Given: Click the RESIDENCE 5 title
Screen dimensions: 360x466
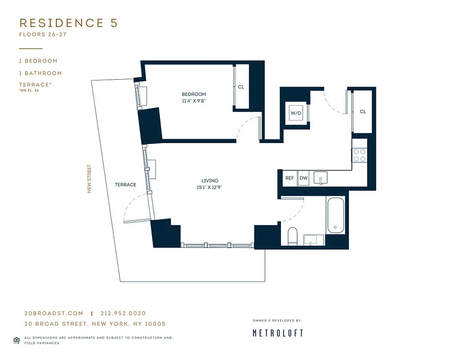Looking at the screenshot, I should [x=68, y=23].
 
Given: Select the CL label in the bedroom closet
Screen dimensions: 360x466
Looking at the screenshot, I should [x=241, y=87].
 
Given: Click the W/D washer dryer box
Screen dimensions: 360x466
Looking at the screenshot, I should [x=296, y=113].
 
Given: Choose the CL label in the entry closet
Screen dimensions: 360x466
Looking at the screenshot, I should [x=362, y=112].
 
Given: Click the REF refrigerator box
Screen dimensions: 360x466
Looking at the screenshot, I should [x=290, y=178].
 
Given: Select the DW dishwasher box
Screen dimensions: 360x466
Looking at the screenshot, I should [x=303, y=178].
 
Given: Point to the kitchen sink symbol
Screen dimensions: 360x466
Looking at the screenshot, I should [x=321, y=178].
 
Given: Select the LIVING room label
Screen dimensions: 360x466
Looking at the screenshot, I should [x=210, y=181].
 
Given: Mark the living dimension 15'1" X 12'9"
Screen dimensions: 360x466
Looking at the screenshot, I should [x=210, y=188].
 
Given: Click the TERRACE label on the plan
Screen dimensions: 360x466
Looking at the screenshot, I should [x=125, y=185].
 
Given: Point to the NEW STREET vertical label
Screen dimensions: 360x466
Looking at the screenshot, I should [x=89, y=179].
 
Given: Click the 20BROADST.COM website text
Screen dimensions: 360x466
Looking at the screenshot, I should [x=54, y=314].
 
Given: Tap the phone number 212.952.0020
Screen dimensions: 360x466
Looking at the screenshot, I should [x=123, y=314].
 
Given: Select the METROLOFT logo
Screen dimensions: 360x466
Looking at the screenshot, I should [x=277, y=333].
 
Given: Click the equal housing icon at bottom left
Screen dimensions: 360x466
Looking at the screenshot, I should [x=16, y=340].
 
